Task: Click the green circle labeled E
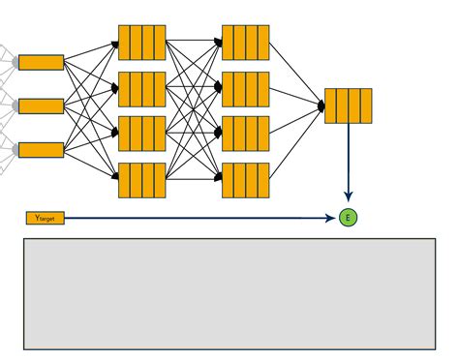349,218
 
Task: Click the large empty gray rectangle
229,294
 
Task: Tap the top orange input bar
42,63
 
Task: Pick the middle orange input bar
42,105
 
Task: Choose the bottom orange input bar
42,149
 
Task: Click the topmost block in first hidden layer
142,43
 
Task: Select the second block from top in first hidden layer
142,88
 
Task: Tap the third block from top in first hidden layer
142,133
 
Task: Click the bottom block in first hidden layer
142,180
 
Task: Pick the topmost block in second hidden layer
245,43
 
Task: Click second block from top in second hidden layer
245,88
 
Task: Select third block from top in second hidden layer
245,133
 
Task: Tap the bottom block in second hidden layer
245,180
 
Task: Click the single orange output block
349,105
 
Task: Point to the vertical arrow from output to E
349,160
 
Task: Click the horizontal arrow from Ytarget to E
194,219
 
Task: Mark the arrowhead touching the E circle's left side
334,219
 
